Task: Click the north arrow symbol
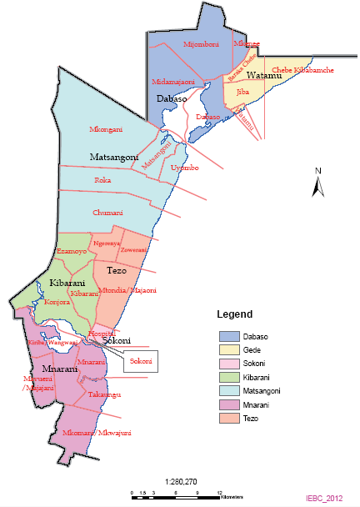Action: (x=317, y=184)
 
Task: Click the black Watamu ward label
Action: (x=267, y=76)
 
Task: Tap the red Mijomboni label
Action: (x=200, y=43)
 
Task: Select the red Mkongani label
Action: (x=107, y=130)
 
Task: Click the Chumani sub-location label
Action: (x=108, y=212)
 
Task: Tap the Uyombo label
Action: (x=185, y=168)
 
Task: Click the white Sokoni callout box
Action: (x=142, y=361)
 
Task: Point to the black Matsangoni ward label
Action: (x=113, y=156)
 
